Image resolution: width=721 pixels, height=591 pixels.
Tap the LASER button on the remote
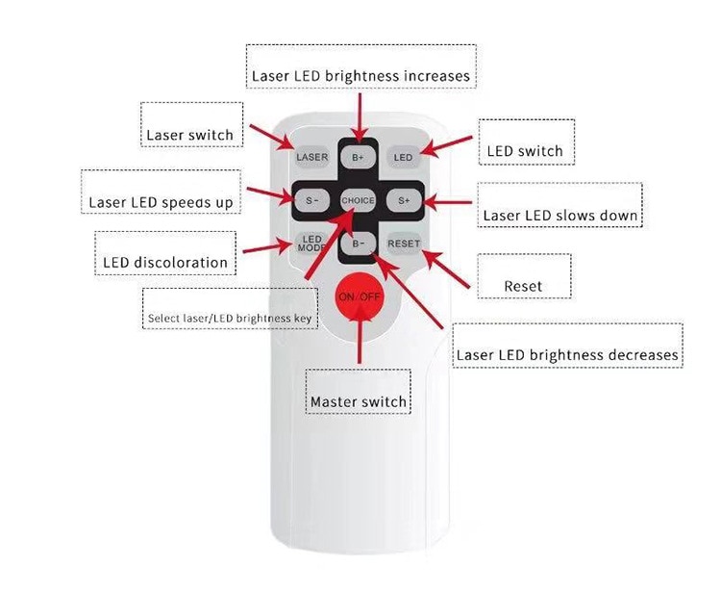pyautogui.click(x=312, y=157)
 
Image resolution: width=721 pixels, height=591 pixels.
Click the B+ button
pyautogui.click(x=358, y=157)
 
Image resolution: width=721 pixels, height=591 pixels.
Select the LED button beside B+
pyautogui.click(x=403, y=157)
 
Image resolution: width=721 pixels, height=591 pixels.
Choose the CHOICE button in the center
pyautogui.click(x=358, y=200)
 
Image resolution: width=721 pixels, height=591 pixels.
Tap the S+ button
pyautogui.click(x=404, y=200)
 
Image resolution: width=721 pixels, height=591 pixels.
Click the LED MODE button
pyautogui.click(x=312, y=244)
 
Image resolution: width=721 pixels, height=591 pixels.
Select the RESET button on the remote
pyautogui.click(x=404, y=244)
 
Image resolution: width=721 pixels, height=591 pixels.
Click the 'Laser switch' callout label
pyautogui.click(x=189, y=135)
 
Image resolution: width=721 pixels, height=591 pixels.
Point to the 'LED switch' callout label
pyautogui.click(x=525, y=151)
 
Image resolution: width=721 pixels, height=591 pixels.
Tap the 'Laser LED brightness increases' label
pyautogui.click(x=360, y=75)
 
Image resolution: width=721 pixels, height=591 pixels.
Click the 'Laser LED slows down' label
pyautogui.click(x=560, y=215)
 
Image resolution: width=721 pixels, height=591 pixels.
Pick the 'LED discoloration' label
pyautogui.click(x=165, y=262)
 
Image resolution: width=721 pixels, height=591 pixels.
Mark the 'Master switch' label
pyautogui.click(x=359, y=401)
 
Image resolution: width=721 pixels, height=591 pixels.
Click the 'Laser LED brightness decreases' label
pyautogui.click(x=567, y=355)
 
